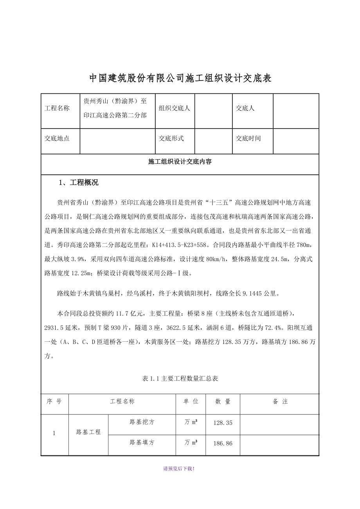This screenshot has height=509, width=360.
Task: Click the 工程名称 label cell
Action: [x=57, y=108]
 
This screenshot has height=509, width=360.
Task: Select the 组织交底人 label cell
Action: [x=174, y=108]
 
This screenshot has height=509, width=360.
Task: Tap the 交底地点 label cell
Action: [x=57, y=138]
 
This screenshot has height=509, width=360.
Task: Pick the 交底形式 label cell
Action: [x=171, y=138]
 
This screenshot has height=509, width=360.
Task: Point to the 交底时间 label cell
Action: [x=248, y=138]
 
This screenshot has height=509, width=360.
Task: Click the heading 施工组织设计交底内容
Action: [x=180, y=161]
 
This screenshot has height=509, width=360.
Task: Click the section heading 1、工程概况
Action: [x=78, y=183]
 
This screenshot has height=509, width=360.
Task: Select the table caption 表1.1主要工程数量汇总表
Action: [x=180, y=378]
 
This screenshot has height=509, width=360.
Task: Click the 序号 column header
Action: [x=54, y=401]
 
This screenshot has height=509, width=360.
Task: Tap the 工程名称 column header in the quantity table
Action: [x=122, y=401]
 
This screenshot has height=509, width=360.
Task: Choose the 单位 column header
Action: [x=191, y=401]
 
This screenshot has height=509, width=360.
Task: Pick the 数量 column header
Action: [x=223, y=401]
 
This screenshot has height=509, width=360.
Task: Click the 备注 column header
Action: [x=280, y=401]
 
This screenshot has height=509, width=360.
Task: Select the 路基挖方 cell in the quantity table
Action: [x=142, y=422]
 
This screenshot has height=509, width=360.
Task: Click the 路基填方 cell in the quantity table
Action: [x=142, y=443]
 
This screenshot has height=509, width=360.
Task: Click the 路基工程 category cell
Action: [x=88, y=432]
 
